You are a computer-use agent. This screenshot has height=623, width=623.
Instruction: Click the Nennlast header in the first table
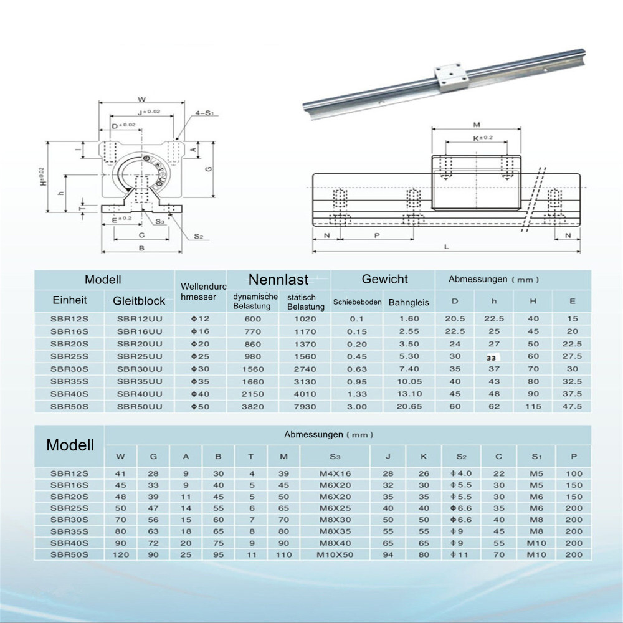point(278,279)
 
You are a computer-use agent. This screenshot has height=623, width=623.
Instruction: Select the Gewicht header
point(384,279)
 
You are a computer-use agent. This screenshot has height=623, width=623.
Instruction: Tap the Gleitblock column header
point(139,301)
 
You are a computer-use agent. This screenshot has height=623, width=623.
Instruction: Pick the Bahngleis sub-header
point(409,303)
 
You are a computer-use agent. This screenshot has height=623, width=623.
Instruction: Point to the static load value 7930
point(307,406)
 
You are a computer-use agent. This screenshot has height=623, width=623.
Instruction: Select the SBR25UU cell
point(140,356)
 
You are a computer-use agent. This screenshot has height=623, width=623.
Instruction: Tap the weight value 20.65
point(409,406)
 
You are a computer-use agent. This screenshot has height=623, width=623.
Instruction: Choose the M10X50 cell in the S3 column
point(335,554)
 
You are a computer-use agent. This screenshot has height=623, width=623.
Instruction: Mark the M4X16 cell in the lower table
point(335,473)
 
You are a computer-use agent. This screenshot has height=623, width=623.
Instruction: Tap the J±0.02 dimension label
point(148,112)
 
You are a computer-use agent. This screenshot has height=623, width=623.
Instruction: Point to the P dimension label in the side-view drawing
point(376,236)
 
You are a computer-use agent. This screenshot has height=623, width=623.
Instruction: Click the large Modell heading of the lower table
point(70,445)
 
